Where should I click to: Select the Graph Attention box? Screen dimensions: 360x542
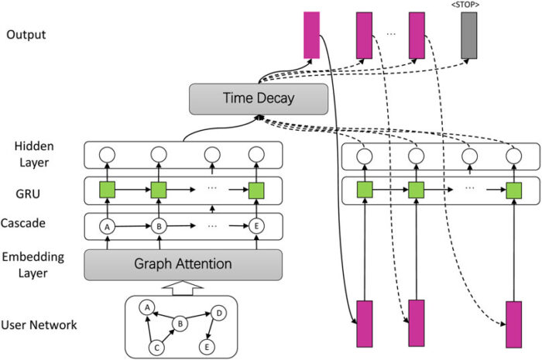click(183, 264)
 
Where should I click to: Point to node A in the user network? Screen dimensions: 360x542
click(145, 307)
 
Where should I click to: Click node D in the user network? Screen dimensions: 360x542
click(218, 314)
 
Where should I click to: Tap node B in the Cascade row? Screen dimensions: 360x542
click(160, 227)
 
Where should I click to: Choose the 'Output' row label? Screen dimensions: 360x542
click(26, 35)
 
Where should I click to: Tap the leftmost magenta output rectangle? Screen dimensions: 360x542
click(311, 35)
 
